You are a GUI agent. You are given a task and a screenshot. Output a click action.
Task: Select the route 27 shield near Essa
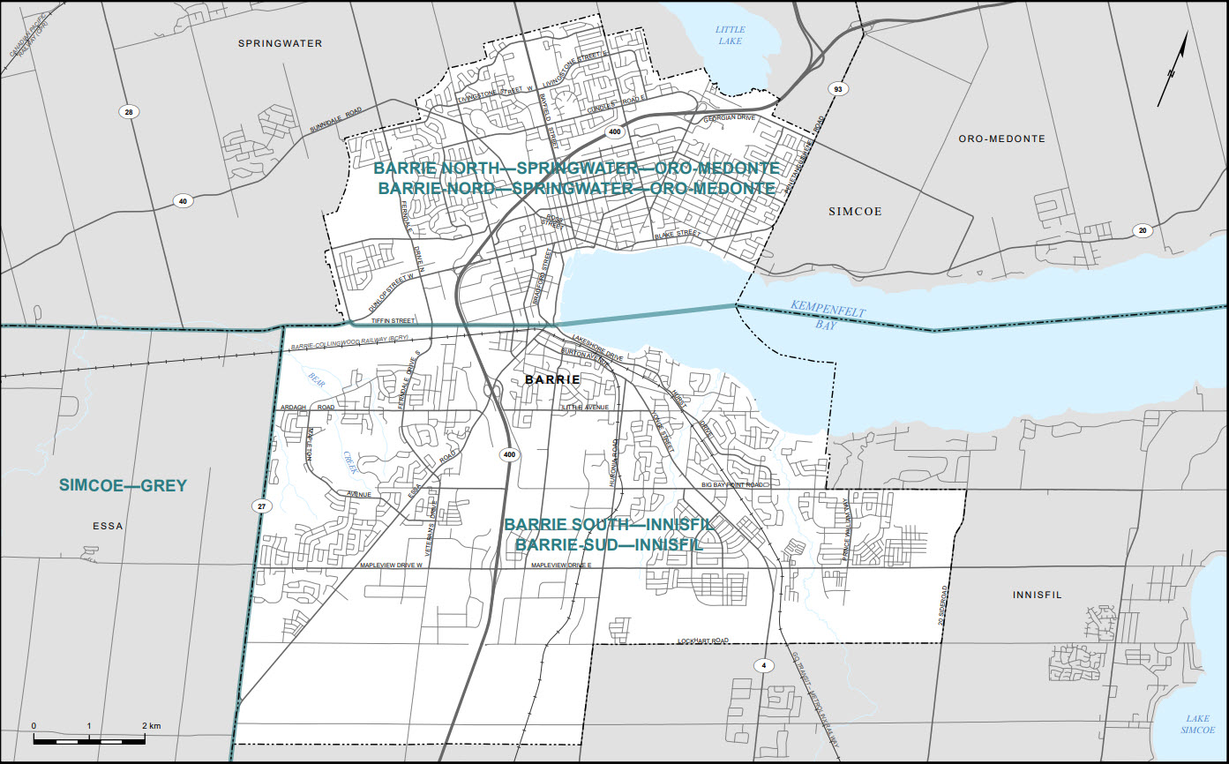[261, 506]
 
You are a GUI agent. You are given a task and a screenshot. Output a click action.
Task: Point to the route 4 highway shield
[761, 664]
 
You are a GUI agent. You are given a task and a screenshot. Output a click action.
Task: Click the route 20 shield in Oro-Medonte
[1143, 230]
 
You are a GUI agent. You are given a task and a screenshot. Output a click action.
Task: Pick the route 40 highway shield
[183, 201]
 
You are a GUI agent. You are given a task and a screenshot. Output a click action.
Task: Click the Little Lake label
[730, 34]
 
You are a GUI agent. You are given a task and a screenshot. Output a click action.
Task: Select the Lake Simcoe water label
[1198, 723]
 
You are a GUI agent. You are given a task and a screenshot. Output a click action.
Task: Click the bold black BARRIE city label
[552, 379]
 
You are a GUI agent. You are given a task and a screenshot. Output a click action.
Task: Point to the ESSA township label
[108, 526]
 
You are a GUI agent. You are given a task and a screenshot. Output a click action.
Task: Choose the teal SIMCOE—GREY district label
[123, 485]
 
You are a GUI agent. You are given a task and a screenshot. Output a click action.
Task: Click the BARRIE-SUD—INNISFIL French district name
[609, 545]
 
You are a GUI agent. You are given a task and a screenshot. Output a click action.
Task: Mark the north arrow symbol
[1173, 72]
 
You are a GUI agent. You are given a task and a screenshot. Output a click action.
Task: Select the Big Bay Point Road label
[732, 485]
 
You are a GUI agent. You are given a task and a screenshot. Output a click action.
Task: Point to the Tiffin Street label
[393, 320]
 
